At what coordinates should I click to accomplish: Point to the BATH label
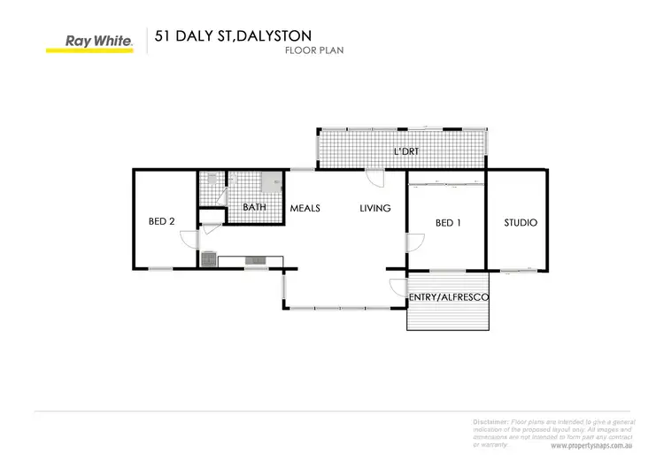pyautogui.click(x=255, y=209)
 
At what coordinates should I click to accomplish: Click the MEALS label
pyautogui.click(x=305, y=209)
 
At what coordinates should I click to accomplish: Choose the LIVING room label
pyautogui.click(x=376, y=209)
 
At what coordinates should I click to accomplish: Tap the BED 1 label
pyautogui.click(x=449, y=223)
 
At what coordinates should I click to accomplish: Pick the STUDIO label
pyautogui.click(x=521, y=223)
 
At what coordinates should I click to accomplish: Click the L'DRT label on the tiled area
pyautogui.click(x=405, y=152)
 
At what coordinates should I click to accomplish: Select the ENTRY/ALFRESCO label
pyautogui.click(x=448, y=298)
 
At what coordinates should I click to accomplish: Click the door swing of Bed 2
pyautogui.click(x=188, y=238)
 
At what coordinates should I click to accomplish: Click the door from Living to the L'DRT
pyautogui.click(x=376, y=177)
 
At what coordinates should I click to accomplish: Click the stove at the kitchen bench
pyautogui.click(x=209, y=259)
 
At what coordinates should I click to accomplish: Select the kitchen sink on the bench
pyautogui.click(x=256, y=259)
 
